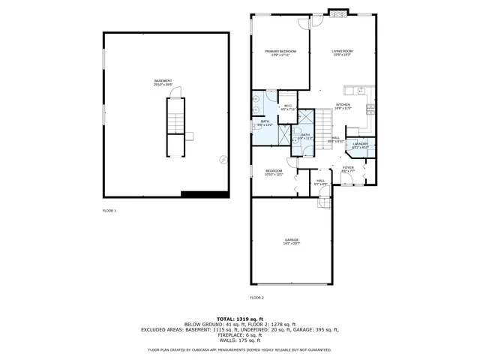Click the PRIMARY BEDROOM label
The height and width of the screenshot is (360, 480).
[x=280, y=51]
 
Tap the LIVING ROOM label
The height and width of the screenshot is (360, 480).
[x=342, y=51]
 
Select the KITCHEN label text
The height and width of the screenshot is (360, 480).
[x=343, y=105]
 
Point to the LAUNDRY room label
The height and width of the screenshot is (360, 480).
[x=360, y=143]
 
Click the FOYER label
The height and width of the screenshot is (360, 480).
[x=348, y=168]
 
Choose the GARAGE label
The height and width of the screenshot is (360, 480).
[x=291, y=240]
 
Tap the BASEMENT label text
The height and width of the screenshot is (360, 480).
[x=163, y=81]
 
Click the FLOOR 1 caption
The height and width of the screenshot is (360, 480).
[x=109, y=211]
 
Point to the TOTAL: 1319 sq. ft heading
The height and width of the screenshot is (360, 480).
[x=239, y=319]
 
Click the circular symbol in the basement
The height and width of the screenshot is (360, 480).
[x=222, y=159]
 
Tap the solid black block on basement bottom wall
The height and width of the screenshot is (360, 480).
[x=205, y=194]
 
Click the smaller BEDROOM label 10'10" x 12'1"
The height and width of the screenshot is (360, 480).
[x=274, y=172]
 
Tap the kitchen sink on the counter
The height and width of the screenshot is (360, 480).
[x=367, y=109]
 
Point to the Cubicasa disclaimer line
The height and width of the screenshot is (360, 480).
[x=239, y=349]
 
